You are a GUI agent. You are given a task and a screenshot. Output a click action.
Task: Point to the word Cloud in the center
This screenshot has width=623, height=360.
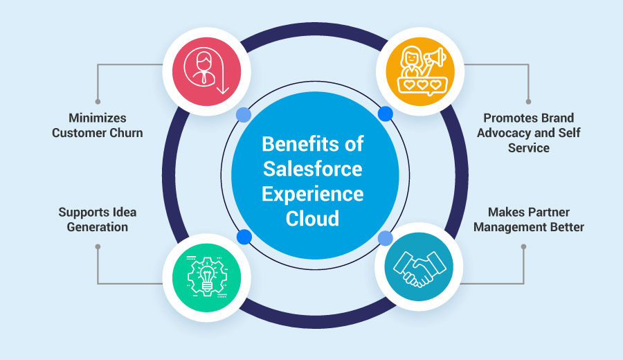(x=311, y=219)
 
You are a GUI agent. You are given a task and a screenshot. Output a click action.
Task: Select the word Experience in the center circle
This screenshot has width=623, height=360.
(x=311, y=195)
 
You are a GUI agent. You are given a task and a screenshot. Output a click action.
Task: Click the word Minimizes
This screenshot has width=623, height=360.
(x=97, y=118)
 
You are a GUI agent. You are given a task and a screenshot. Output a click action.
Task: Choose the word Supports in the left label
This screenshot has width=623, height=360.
(x=82, y=212)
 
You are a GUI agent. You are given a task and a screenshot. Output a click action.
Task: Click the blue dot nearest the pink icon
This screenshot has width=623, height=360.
(x=242, y=114)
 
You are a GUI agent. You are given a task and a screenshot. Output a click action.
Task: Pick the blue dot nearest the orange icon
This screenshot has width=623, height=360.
(x=386, y=114)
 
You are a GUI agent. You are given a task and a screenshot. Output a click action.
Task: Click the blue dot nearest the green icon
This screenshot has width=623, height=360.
(x=243, y=237)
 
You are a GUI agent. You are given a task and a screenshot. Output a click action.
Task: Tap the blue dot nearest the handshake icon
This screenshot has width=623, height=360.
(x=386, y=238)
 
